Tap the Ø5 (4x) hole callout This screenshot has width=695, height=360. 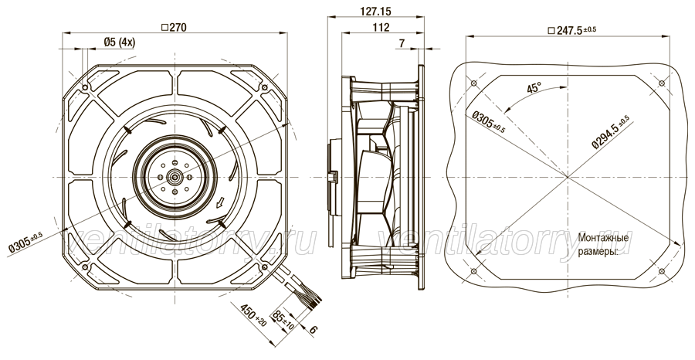[120, 42]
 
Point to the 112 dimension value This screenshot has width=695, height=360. [381, 28]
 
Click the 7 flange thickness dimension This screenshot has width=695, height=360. [402, 43]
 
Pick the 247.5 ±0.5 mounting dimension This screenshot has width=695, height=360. [571, 30]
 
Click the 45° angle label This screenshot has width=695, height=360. [534, 87]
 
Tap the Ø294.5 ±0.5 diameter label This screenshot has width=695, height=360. [611, 131]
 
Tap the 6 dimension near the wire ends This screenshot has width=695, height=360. [314, 329]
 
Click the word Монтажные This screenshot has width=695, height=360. [603, 239]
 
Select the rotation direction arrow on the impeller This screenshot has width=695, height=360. [219, 202]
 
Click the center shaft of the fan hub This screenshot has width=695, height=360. [175, 177]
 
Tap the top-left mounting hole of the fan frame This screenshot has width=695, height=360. [85, 88]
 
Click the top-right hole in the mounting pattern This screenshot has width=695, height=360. [661, 83]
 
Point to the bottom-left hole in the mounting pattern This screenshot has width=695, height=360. [473, 271]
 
